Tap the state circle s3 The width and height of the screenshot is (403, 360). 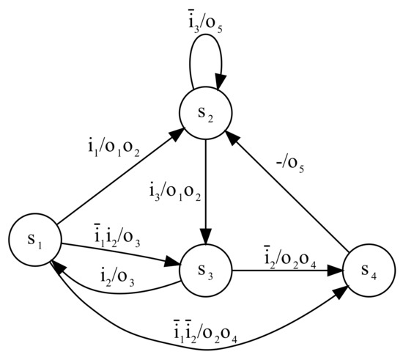[206, 271]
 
